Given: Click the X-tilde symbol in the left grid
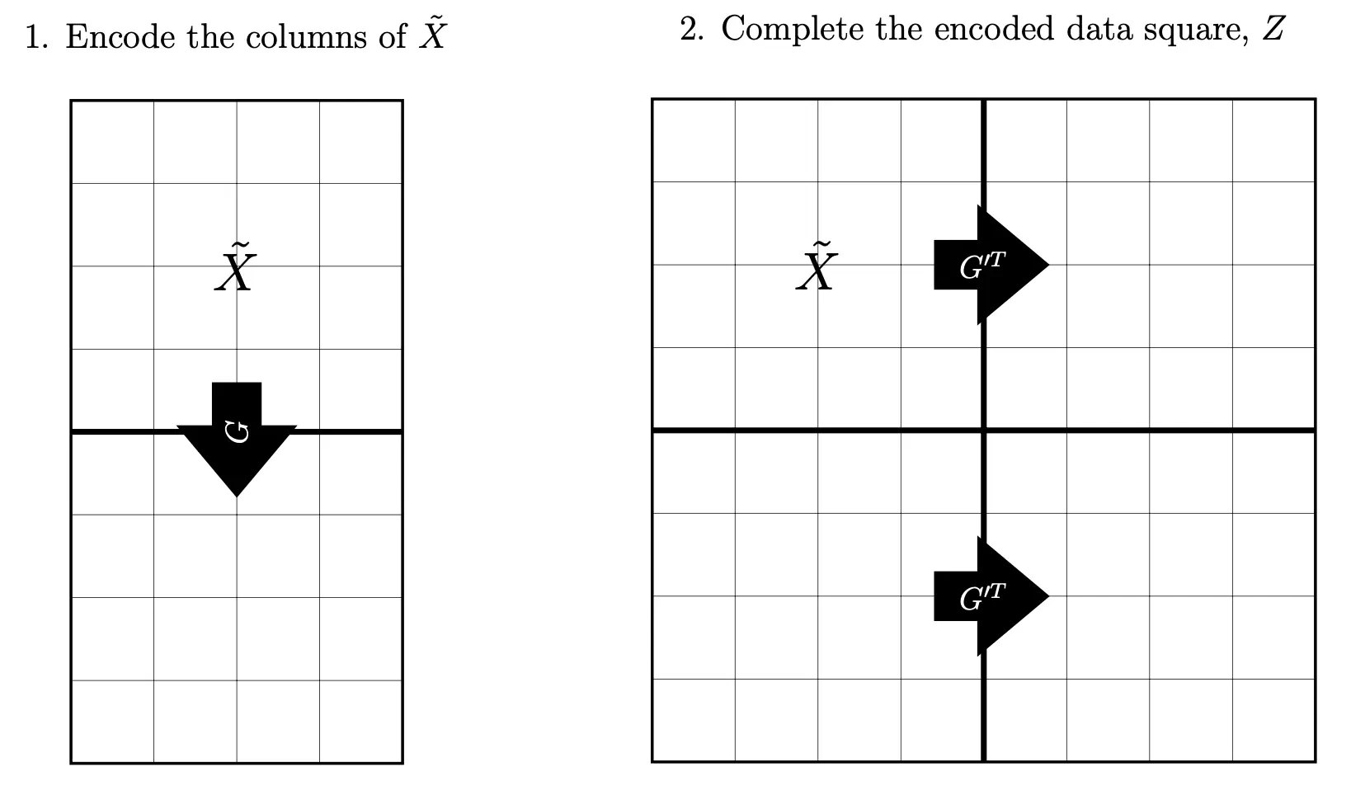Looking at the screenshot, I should [235, 267].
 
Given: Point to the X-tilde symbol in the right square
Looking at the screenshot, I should [817, 266].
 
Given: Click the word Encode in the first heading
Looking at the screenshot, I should [120, 37].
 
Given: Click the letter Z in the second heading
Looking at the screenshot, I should [1273, 30].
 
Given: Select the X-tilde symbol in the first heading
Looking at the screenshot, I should [431, 35].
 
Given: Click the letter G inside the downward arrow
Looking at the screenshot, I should [238, 431].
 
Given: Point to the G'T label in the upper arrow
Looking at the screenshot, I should [981, 266].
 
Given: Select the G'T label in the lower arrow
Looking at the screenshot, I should [981, 596].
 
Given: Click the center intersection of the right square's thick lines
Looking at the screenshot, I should [984, 430].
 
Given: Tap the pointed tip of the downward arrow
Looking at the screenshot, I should [237, 494].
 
